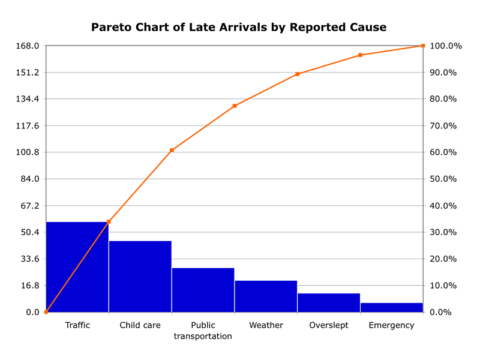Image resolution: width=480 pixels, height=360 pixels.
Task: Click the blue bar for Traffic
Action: (x=77, y=267)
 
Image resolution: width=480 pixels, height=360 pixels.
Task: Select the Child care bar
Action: (x=140, y=277)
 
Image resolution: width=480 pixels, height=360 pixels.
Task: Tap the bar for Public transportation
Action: (x=203, y=290)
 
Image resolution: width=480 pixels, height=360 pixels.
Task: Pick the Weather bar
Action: (x=266, y=296)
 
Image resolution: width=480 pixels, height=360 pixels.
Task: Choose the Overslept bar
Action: (x=329, y=303)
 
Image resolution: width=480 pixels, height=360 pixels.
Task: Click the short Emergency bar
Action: (x=391, y=308)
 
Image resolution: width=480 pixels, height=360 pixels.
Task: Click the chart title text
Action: (x=239, y=28)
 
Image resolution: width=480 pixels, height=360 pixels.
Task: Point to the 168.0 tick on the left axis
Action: (x=29, y=46)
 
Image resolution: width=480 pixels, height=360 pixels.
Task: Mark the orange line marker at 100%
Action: (x=423, y=46)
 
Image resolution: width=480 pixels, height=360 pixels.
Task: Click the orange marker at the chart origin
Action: (x=46, y=312)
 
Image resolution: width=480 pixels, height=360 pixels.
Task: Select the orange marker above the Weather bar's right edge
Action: (x=297, y=74)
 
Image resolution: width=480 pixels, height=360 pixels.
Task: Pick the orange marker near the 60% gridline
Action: (x=172, y=150)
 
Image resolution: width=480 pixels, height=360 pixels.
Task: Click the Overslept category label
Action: (x=329, y=325)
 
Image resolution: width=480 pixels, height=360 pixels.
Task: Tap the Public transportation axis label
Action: (x=203, y=331)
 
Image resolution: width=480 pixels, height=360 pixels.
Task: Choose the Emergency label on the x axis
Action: (x=391, y=325)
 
